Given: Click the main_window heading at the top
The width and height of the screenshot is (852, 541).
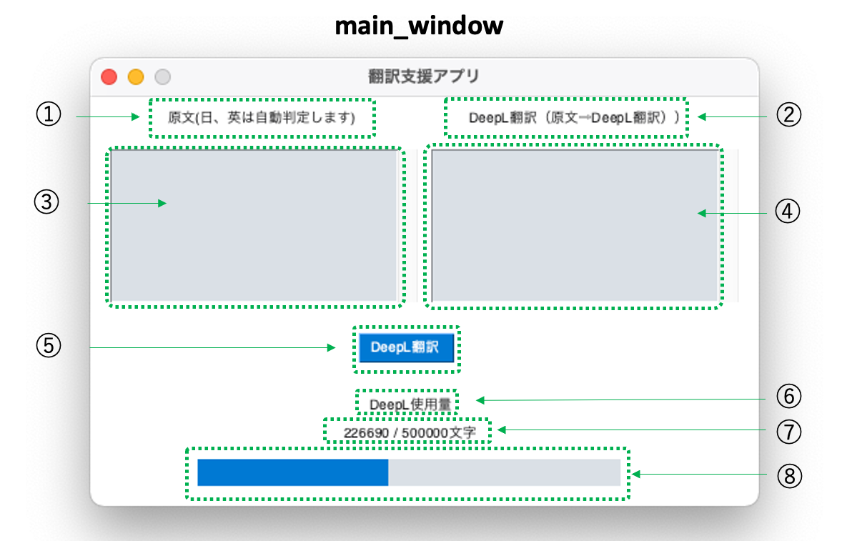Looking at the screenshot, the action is (419, 26).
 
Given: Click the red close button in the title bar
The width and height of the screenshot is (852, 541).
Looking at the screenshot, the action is (109, 76).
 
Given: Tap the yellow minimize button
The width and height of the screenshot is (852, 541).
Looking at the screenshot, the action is (136, 76).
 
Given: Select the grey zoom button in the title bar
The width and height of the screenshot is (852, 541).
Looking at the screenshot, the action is (163, 76).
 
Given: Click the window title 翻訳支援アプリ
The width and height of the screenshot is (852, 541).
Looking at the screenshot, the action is (424, 76).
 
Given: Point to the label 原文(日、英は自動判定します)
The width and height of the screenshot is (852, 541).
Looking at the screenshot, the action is (261, 118).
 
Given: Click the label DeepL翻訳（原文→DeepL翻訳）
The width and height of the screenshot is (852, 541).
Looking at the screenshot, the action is (566, 118).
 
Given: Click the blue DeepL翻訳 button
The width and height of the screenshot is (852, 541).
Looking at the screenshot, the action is (406, 347).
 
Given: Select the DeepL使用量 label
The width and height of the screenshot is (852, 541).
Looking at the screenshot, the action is (410, 404).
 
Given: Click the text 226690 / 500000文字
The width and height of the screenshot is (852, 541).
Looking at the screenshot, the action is (407, 432).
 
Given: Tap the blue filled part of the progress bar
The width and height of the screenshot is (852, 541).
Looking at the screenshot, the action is (292, 472).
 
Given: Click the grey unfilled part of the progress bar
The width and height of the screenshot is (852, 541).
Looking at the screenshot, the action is (504, 472).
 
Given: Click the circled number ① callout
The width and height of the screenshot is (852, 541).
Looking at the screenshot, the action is (49, 114).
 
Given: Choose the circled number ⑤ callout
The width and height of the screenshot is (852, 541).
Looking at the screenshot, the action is (49, 345).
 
